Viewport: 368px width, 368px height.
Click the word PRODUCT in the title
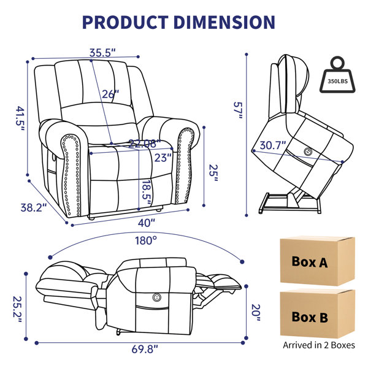(125, 22)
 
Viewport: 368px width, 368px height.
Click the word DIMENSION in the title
(224, 22)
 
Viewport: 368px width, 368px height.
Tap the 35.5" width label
(102, 53)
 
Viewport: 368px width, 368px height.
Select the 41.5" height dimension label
(20, 118)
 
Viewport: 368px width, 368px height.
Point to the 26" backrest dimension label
(110, 94)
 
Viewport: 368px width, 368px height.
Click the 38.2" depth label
(34, 207)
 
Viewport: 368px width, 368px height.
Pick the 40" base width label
(147, 223)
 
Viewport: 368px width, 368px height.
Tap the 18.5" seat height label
(147, 193)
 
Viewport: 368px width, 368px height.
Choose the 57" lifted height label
(238, 110)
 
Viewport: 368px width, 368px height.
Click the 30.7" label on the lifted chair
(273, 145)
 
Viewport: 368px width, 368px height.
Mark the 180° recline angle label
(146, 240)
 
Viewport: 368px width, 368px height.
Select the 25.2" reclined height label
(17, 309)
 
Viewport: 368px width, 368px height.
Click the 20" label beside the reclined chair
(256, 313)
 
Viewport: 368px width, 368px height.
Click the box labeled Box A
(317, 261)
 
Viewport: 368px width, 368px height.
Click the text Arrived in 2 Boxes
(319, 345)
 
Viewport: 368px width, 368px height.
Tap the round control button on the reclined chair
(157, 297)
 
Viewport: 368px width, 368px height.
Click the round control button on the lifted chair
(307, 152)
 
